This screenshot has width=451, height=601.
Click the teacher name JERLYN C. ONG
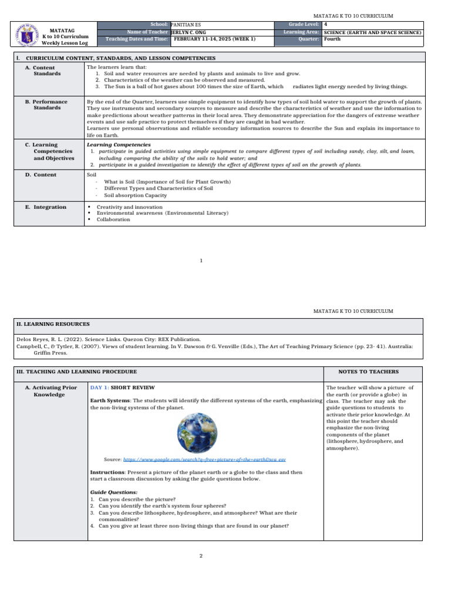(190, 32)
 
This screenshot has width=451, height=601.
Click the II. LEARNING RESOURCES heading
(52, 323)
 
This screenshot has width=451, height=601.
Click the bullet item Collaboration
(113, 220)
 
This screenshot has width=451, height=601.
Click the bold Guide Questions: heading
(114, 492)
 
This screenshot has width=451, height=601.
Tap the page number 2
(201, 556)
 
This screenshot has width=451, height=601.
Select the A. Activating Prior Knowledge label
(51, 391)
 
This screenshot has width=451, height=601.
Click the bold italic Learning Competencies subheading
(119, 144)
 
